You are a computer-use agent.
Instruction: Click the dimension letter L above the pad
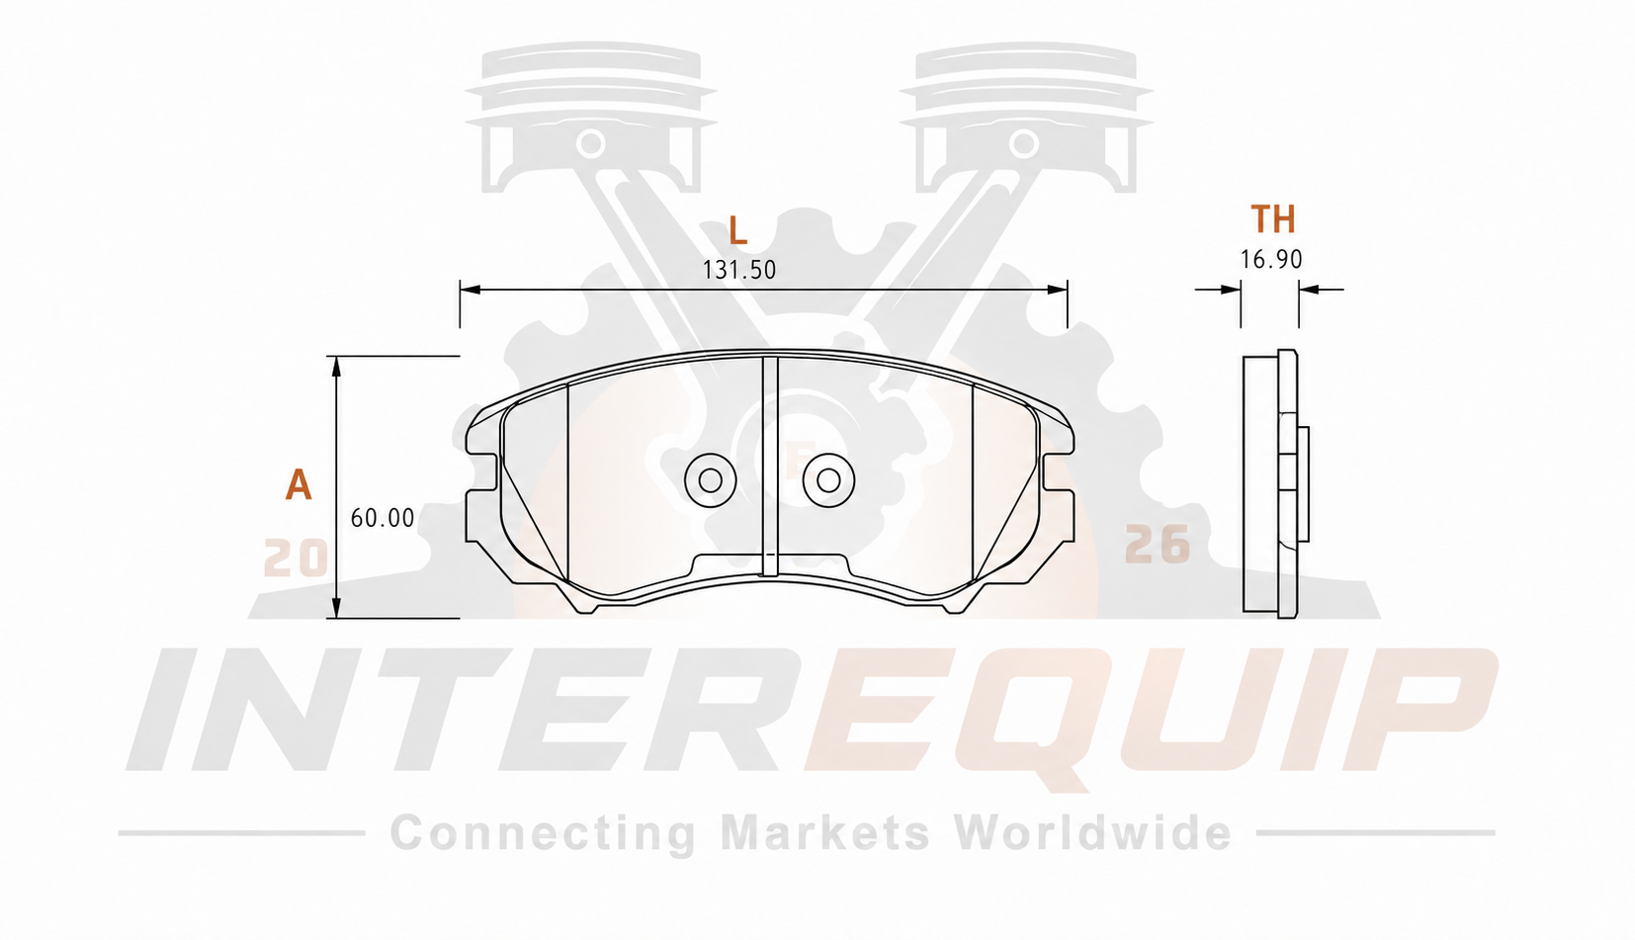pos(738,231)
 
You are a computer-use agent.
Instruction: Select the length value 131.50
pos(738,270)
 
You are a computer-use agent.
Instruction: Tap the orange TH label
pos(1273,219)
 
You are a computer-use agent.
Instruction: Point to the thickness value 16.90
pos(1271,259)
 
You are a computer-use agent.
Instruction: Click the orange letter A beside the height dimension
pos(298,484)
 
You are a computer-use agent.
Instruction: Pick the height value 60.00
pos(383,518)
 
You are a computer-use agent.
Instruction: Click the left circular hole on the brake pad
pos(710,480)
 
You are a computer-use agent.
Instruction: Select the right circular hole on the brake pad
pos(828,480)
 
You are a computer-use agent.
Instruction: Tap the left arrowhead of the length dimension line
pos(471,290)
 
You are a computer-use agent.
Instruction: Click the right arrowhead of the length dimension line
pos(1057,290)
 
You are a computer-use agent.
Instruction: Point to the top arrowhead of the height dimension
pos(336,367)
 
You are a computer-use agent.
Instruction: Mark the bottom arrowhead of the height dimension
pos(336,608)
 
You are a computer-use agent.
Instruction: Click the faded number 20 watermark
pos(296,558)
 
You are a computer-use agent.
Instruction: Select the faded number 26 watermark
pos(1158,545)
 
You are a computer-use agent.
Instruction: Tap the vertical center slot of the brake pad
pos(770,466)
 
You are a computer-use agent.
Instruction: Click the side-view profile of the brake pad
pos(1275,484)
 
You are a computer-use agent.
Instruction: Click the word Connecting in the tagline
pos(543,833)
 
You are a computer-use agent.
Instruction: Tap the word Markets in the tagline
pos(825,832)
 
